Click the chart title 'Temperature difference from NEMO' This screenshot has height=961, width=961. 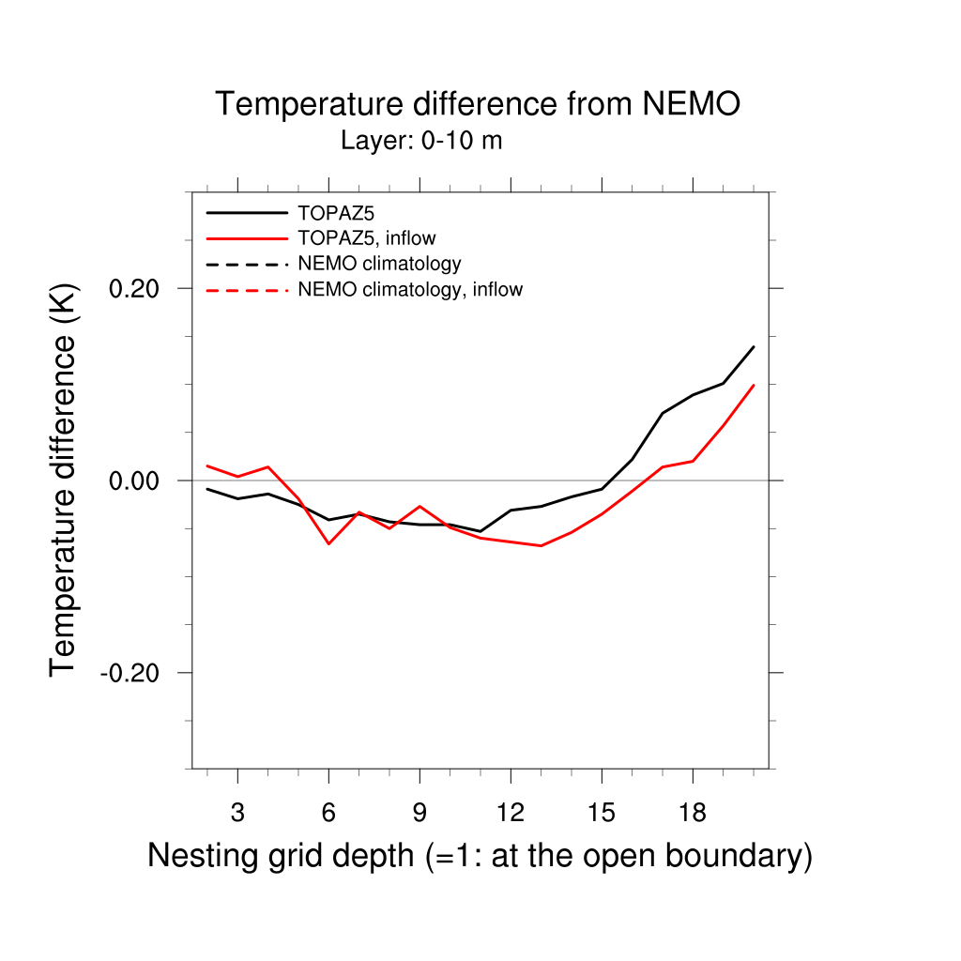(478, 104)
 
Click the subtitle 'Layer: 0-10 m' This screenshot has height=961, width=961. (421, 142)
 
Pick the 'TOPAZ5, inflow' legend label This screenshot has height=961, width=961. (367, 238)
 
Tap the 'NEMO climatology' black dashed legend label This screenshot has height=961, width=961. (379, 263)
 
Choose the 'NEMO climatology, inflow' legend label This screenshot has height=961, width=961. (410, 289)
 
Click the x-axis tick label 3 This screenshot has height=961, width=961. (237, 814)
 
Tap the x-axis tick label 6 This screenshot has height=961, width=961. (328, 814)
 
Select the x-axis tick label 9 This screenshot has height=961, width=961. (419, 814)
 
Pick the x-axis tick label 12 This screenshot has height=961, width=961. (511, 814)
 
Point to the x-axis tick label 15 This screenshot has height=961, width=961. (602, 814)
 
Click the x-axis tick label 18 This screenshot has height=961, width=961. (693, 814)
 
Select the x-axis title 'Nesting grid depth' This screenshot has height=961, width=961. (479, 856)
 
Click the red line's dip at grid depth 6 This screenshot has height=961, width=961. (328, 543)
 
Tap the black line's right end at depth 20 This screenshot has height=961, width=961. (754, 346)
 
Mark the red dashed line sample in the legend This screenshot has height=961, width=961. (247, 289)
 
